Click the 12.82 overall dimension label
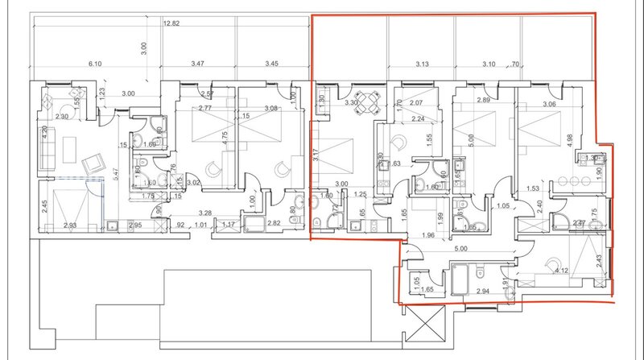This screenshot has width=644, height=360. [x=170, y=24]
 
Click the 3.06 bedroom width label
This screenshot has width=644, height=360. [x=549, y=104]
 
